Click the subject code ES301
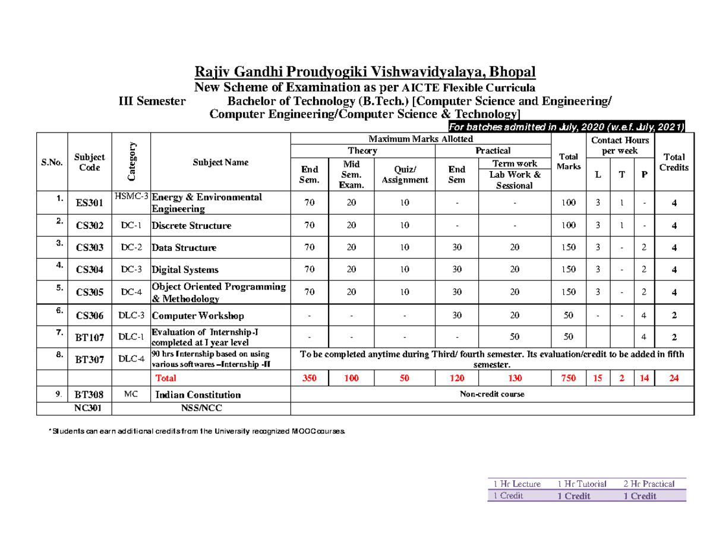tap(90, 204)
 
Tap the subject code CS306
tap(90, 316)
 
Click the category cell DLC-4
tap(131, 358)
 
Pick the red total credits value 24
tap(674, 378)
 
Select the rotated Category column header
tap(131, 162)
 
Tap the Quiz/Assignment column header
tap(405, 174)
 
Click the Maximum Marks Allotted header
tap(421, 138)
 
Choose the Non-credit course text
tap(492, 394)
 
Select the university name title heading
tap(365, 72)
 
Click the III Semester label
tap(153, 101)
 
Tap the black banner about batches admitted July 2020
tap(566, 127)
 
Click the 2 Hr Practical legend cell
tap(649, 484)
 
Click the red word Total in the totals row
tap(166, 378)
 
